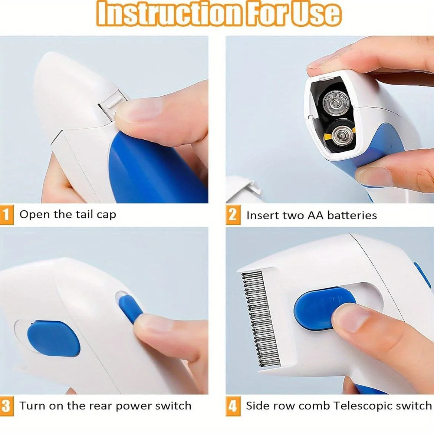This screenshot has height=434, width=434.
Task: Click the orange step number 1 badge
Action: [6, 215]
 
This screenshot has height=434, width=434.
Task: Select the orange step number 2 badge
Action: [232, 215]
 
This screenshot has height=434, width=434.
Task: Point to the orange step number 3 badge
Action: [6, 406]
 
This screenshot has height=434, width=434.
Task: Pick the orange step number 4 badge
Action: [232, 406]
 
